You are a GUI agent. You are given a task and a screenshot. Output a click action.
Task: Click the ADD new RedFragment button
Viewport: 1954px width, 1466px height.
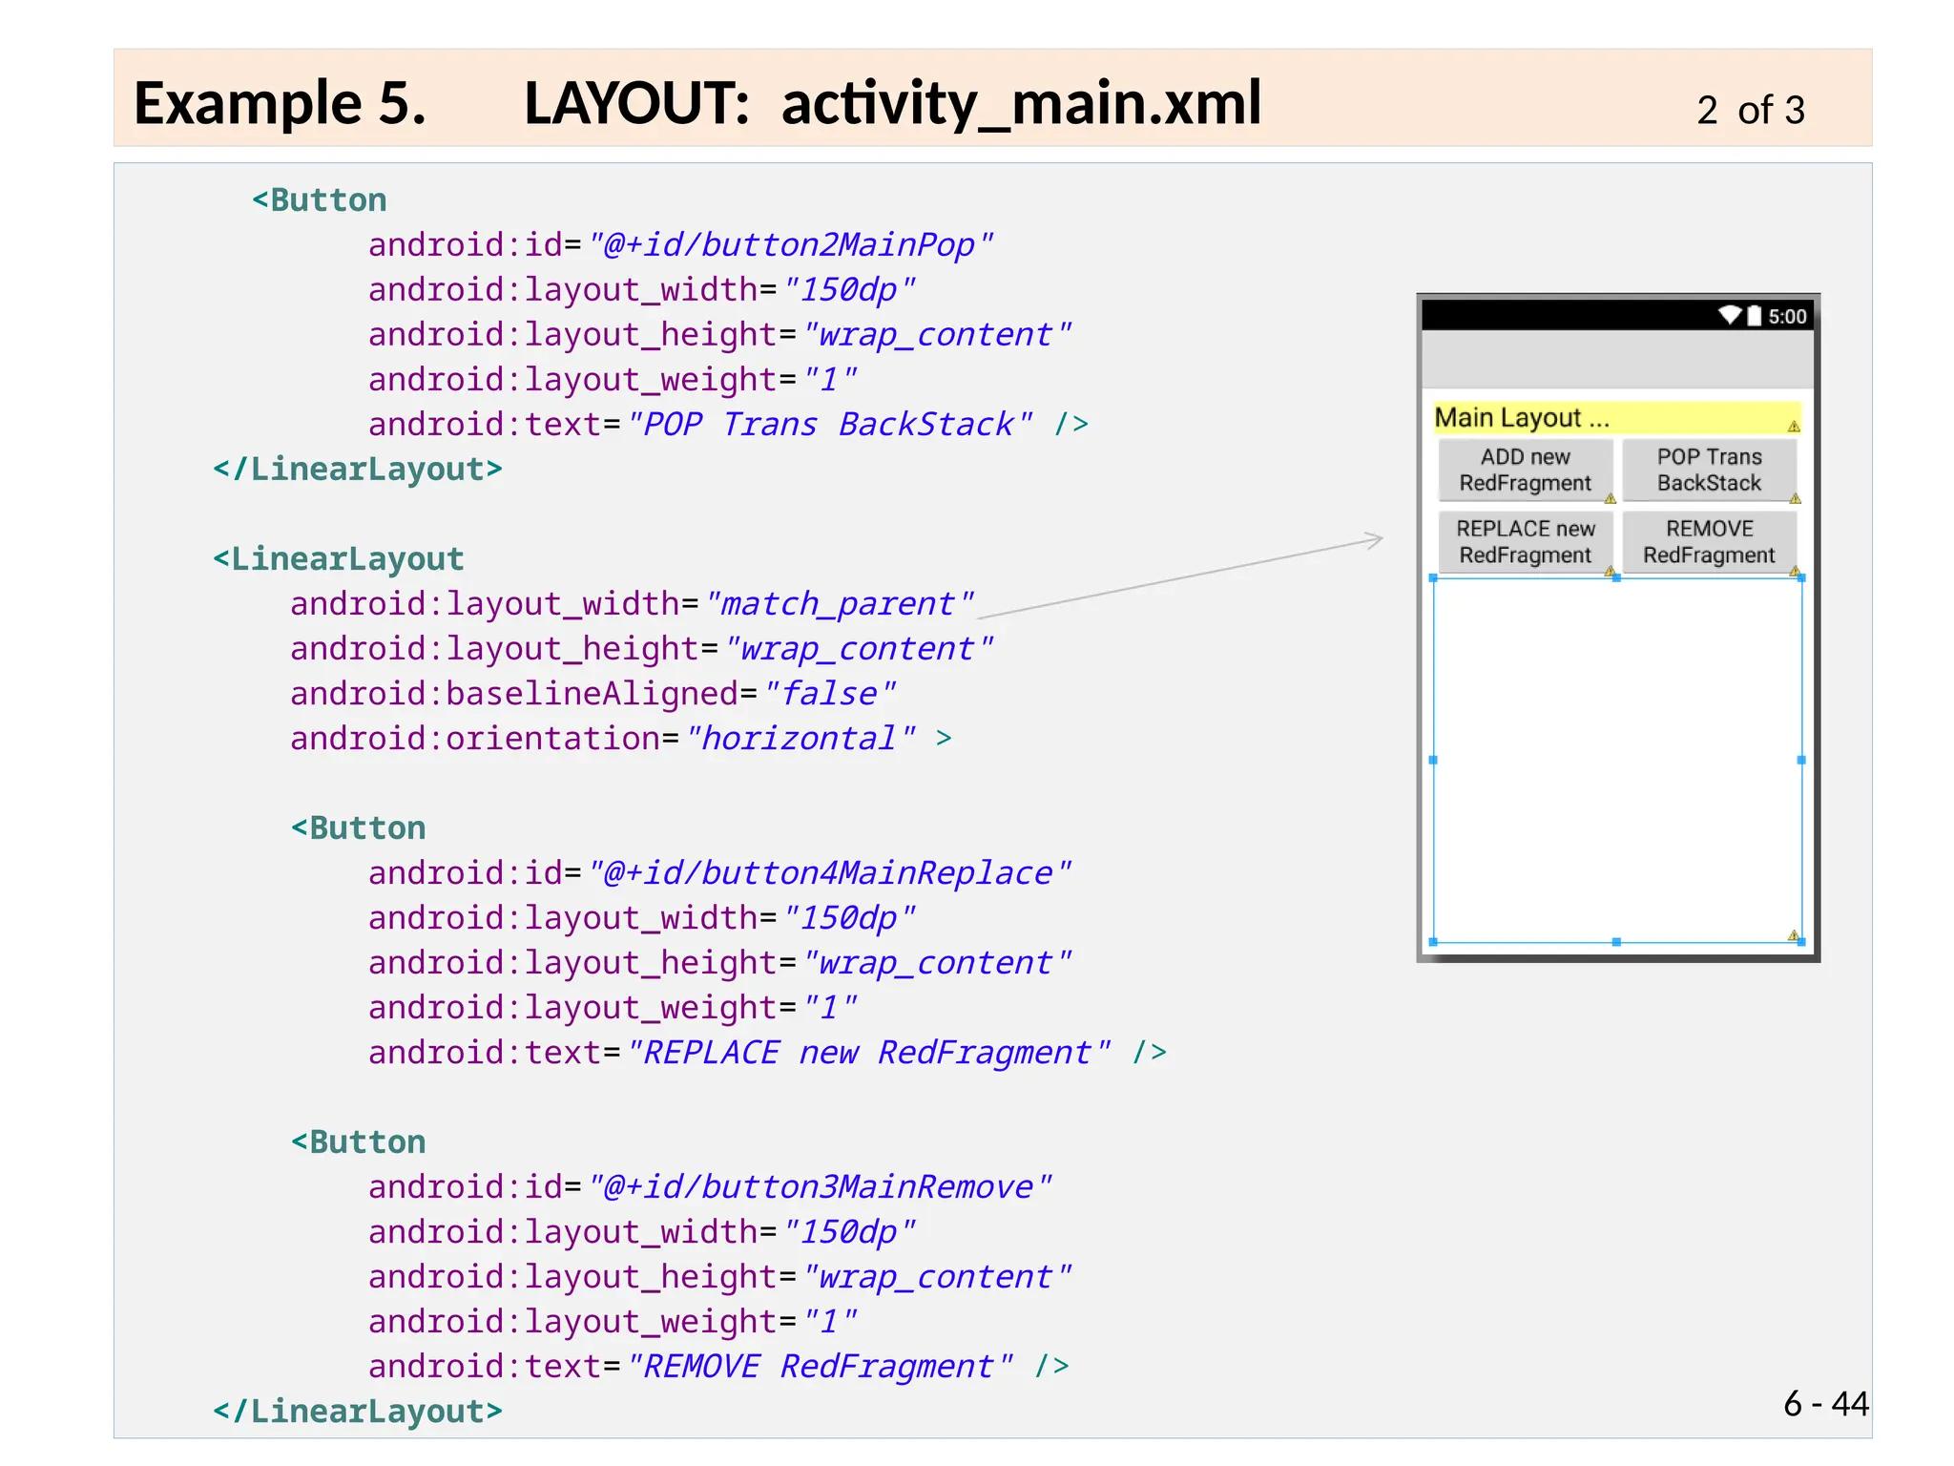(1525, 470)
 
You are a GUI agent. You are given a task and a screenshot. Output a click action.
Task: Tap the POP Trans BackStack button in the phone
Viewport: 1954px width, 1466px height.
(1709, 470)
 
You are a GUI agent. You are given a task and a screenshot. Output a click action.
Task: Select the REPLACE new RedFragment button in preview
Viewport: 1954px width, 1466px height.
(1525, 542)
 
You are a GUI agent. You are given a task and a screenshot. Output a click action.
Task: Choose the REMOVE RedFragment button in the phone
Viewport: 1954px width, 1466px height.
(1709, 542)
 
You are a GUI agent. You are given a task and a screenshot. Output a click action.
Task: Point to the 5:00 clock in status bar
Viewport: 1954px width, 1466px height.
(1787, 317)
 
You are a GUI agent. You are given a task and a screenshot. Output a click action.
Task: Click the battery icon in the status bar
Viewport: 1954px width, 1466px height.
(1755, 316)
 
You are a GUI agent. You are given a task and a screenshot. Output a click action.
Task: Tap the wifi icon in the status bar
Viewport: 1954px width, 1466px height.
(1730, 315)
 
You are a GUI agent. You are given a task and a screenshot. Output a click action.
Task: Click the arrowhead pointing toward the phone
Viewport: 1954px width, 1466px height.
(1374, 540)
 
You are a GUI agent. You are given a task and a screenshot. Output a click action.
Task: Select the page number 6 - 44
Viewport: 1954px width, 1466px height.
(1825, 1404)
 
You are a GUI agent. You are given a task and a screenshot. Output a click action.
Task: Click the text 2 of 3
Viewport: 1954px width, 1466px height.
(1750, 111)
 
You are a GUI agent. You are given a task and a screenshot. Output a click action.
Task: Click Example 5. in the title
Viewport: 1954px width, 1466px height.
(280, 103)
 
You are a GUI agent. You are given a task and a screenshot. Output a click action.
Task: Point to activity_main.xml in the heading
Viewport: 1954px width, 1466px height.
(1021, 103)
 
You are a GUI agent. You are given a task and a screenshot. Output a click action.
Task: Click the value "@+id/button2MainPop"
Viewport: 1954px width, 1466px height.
(791, 245)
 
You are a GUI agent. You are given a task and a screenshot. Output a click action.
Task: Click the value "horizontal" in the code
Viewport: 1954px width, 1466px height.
(800, 739)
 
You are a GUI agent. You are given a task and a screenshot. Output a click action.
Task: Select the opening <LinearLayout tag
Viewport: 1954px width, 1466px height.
(338, 559)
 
